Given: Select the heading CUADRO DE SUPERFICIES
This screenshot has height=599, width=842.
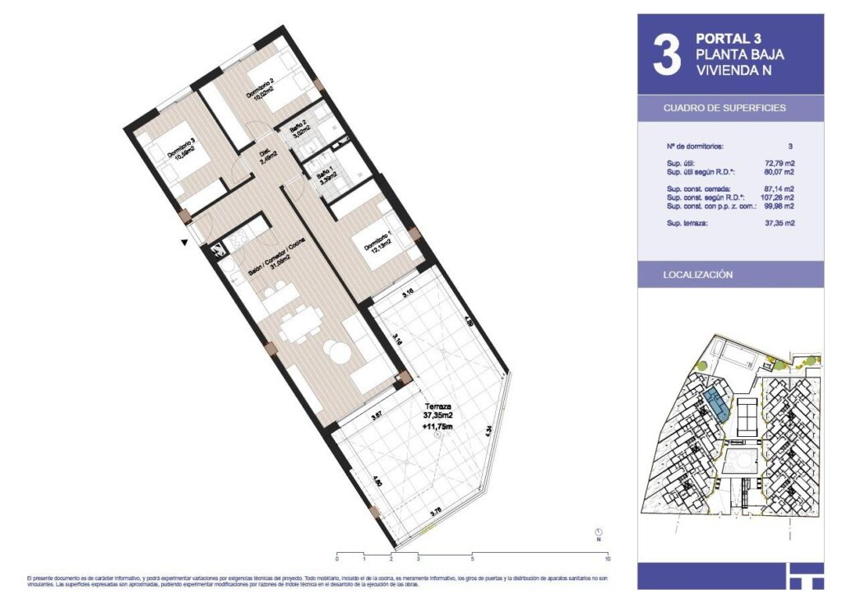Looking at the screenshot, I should (724, 108).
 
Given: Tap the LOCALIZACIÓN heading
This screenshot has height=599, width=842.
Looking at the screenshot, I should (697, 275).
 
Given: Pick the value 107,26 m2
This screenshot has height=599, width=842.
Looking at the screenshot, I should (778, 197).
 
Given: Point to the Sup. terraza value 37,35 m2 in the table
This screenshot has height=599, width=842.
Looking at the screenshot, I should (779, 223).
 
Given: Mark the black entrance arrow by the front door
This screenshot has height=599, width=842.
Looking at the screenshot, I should (185, 241).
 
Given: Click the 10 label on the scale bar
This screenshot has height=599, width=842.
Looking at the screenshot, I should (607, 559).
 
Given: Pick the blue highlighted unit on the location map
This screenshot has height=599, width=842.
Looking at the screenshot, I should (714, 406).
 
